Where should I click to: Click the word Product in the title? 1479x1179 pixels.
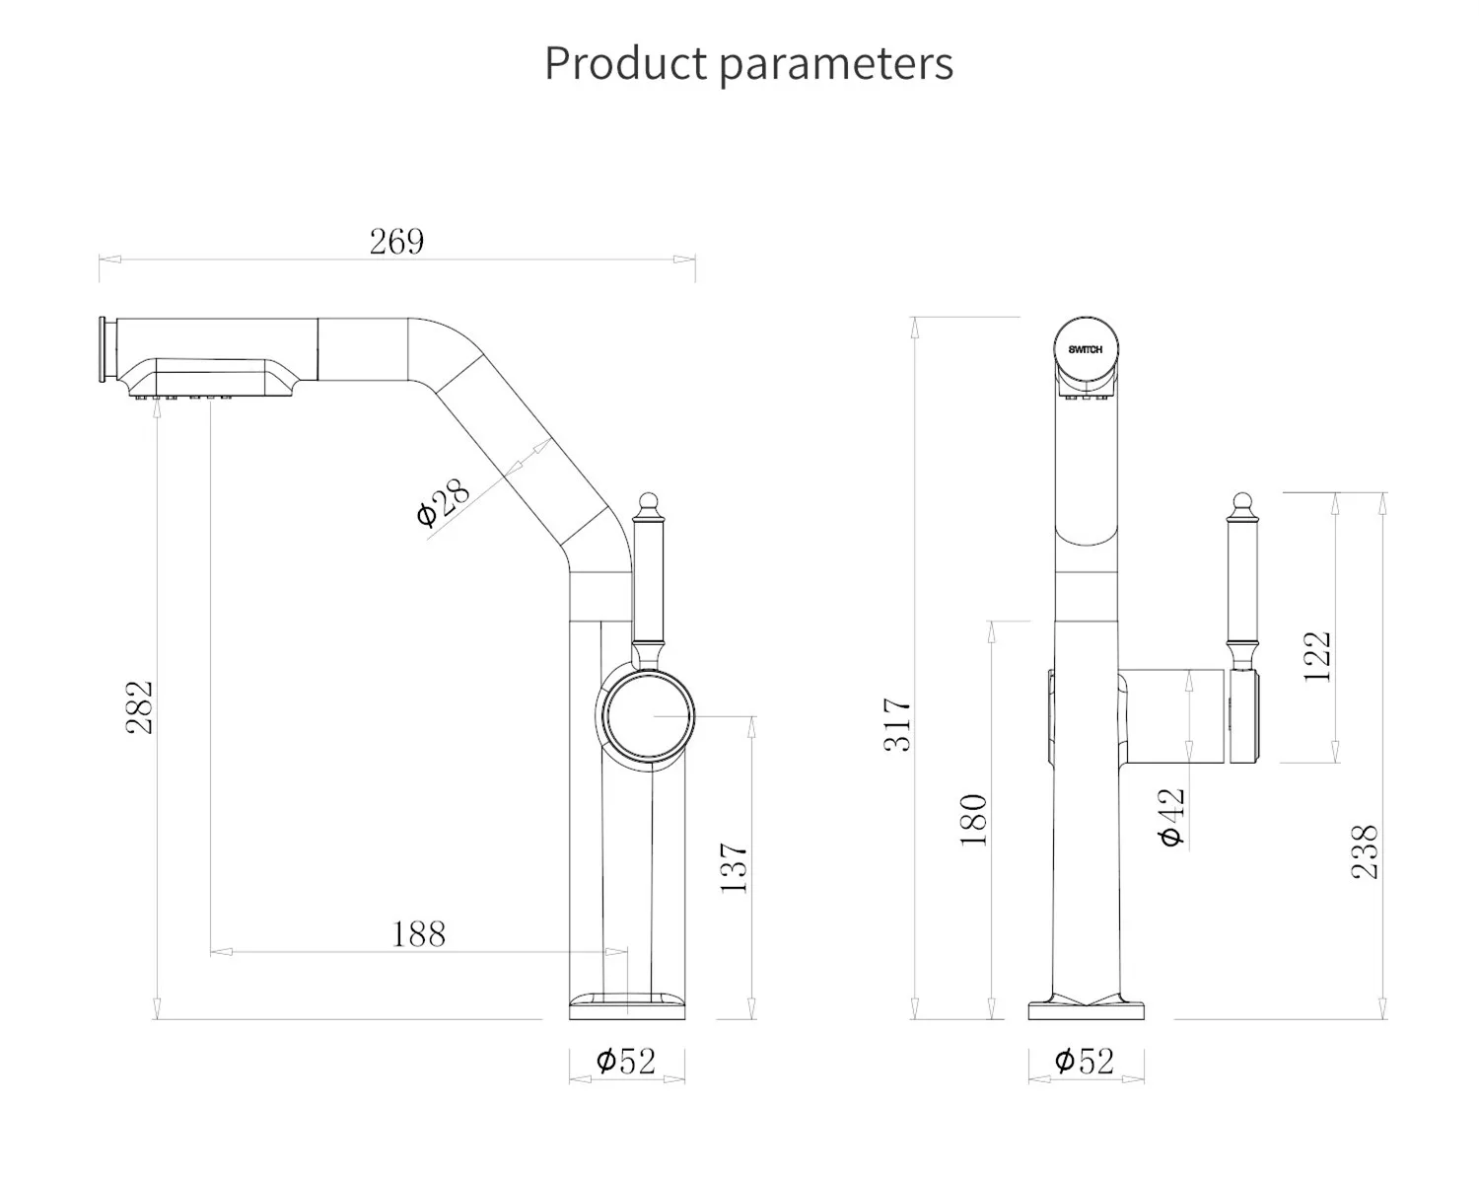(x=625, y=64)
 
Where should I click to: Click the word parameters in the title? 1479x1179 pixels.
(x=835, y=64)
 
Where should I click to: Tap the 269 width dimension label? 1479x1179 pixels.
(x=396, y=242)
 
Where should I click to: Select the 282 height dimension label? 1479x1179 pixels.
(x=141, y=706)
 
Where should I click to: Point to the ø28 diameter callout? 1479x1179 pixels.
(x=443, y=503)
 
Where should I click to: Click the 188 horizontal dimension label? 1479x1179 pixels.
(x=419, y=933)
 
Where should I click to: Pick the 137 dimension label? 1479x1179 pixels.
(x=735, y=868)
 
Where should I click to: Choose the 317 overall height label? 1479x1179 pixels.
(x=898, y=724)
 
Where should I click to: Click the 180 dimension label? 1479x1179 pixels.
(x=974, y=819)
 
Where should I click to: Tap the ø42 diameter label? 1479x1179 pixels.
(x=1171, y=817)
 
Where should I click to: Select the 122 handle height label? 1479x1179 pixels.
(x=1318, y=656)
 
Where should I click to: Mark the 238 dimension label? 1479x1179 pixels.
(x=1365, y=851)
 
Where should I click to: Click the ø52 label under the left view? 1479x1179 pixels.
(x=626, y=1062)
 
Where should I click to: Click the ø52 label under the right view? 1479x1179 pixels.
(x=1085, y=1062)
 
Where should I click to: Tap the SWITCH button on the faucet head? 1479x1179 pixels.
(x=1086, y=350)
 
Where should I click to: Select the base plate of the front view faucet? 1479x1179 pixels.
(x=1087, y=1010)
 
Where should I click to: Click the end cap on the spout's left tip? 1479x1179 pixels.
(x=103, y=350)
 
